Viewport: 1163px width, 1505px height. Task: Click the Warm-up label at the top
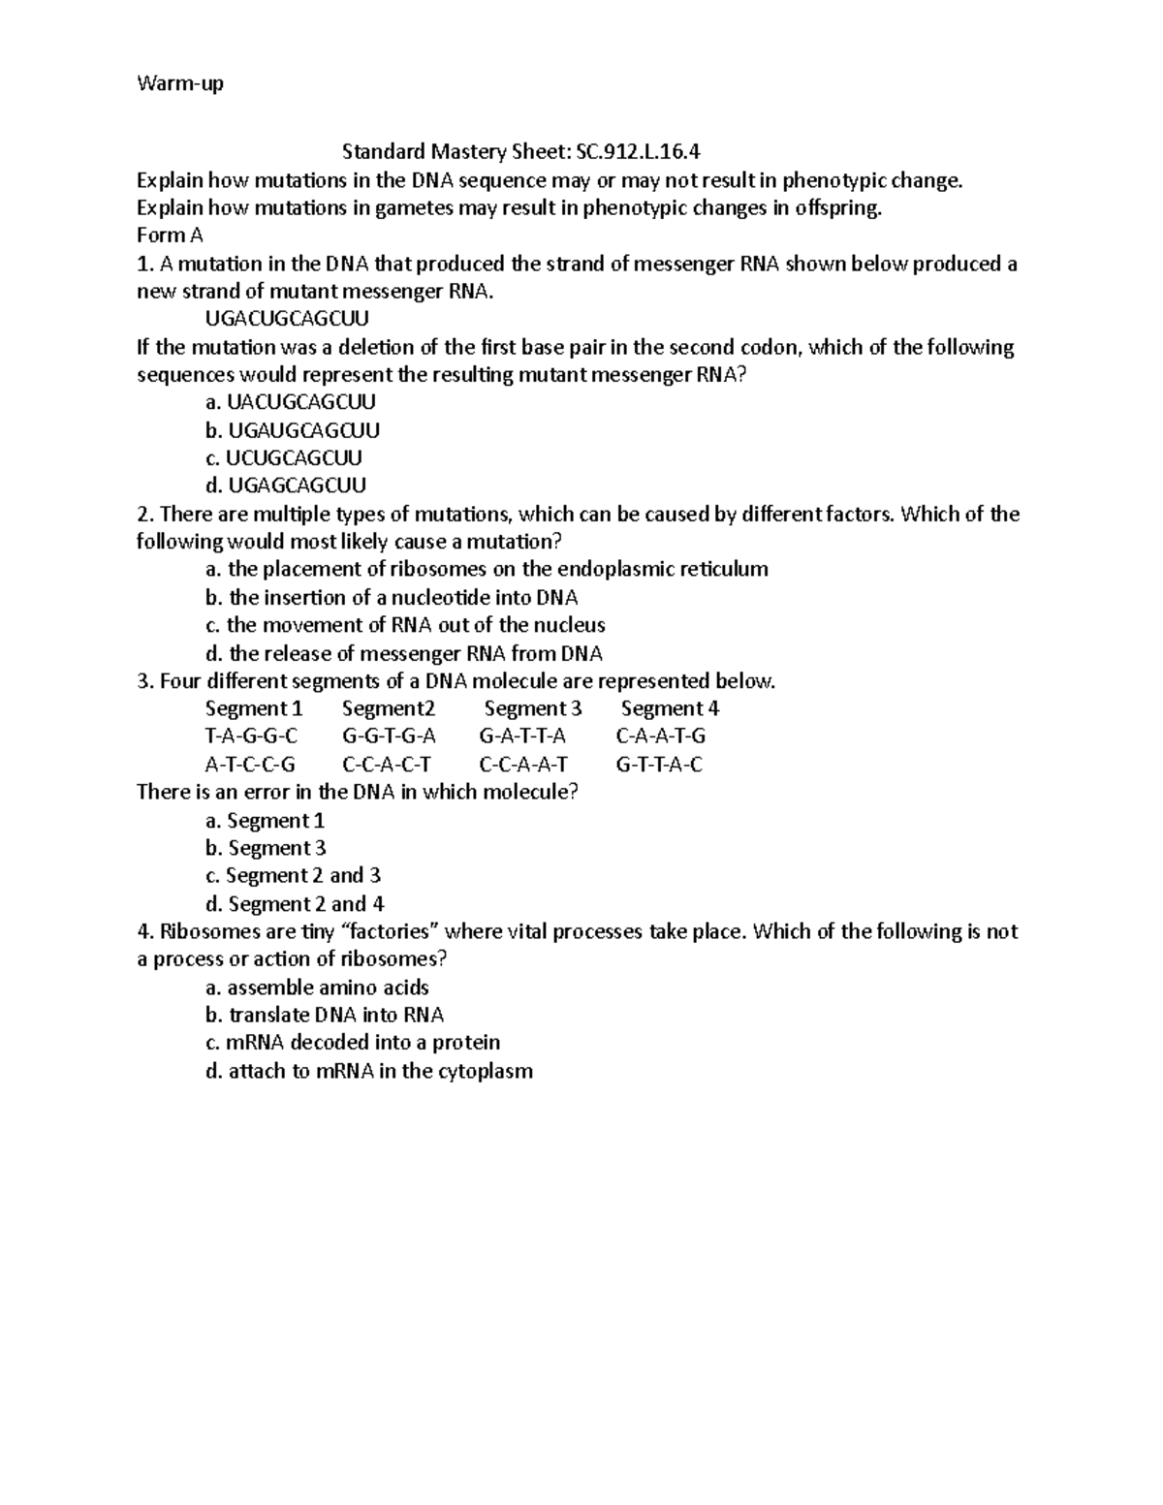coord(180,84)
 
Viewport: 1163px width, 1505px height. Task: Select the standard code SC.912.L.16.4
coord(638,152)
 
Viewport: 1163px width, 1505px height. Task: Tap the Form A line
coord(170,235)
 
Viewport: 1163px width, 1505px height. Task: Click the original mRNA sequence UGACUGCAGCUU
coord(287,319)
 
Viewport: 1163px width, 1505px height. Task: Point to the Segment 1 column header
coord(254,708)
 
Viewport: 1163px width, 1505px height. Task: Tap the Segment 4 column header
coord(670,708)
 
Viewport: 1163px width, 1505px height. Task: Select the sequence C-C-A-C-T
coord(387,765)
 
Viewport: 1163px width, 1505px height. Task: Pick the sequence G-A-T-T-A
coord(522,737)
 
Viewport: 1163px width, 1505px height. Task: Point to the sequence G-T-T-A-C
coord(659,765)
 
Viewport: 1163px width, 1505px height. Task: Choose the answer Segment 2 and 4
coord(295,904)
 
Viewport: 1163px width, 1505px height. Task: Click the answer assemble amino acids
coord(317,988)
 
